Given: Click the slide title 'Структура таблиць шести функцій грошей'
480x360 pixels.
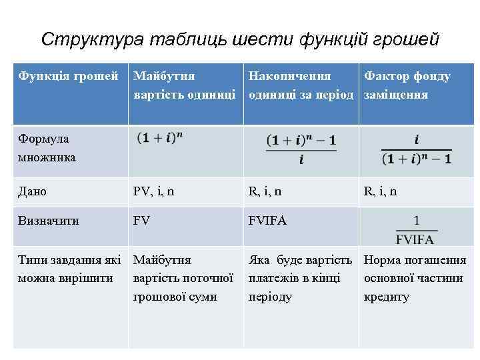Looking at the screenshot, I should (x=240, y=40).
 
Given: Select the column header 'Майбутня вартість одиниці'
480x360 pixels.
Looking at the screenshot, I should (x=185, y=85).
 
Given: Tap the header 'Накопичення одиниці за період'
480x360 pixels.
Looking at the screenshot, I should (x=301, y=85).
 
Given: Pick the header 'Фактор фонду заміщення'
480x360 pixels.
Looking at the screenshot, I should (x=407, y=85).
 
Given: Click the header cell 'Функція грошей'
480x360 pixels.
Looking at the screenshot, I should (x=69, y=76).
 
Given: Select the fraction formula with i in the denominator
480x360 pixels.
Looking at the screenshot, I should (x=301, y=149).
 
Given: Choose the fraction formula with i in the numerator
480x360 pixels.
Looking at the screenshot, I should (x=416, y=149).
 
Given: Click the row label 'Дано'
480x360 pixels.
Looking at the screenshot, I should (x=33, y=191).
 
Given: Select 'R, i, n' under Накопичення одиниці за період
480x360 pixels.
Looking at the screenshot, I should (x=265, y=191).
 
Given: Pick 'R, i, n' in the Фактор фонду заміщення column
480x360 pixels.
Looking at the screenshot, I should (x=380, y=191).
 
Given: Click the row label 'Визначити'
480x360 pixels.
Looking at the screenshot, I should (x=48, y=221).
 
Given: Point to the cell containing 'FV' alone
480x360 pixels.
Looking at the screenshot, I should (x=142, y=221).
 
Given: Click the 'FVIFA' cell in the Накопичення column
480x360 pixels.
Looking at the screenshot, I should (x=267, y=221).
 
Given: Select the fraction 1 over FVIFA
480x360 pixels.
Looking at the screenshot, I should (x=416, y=229).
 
